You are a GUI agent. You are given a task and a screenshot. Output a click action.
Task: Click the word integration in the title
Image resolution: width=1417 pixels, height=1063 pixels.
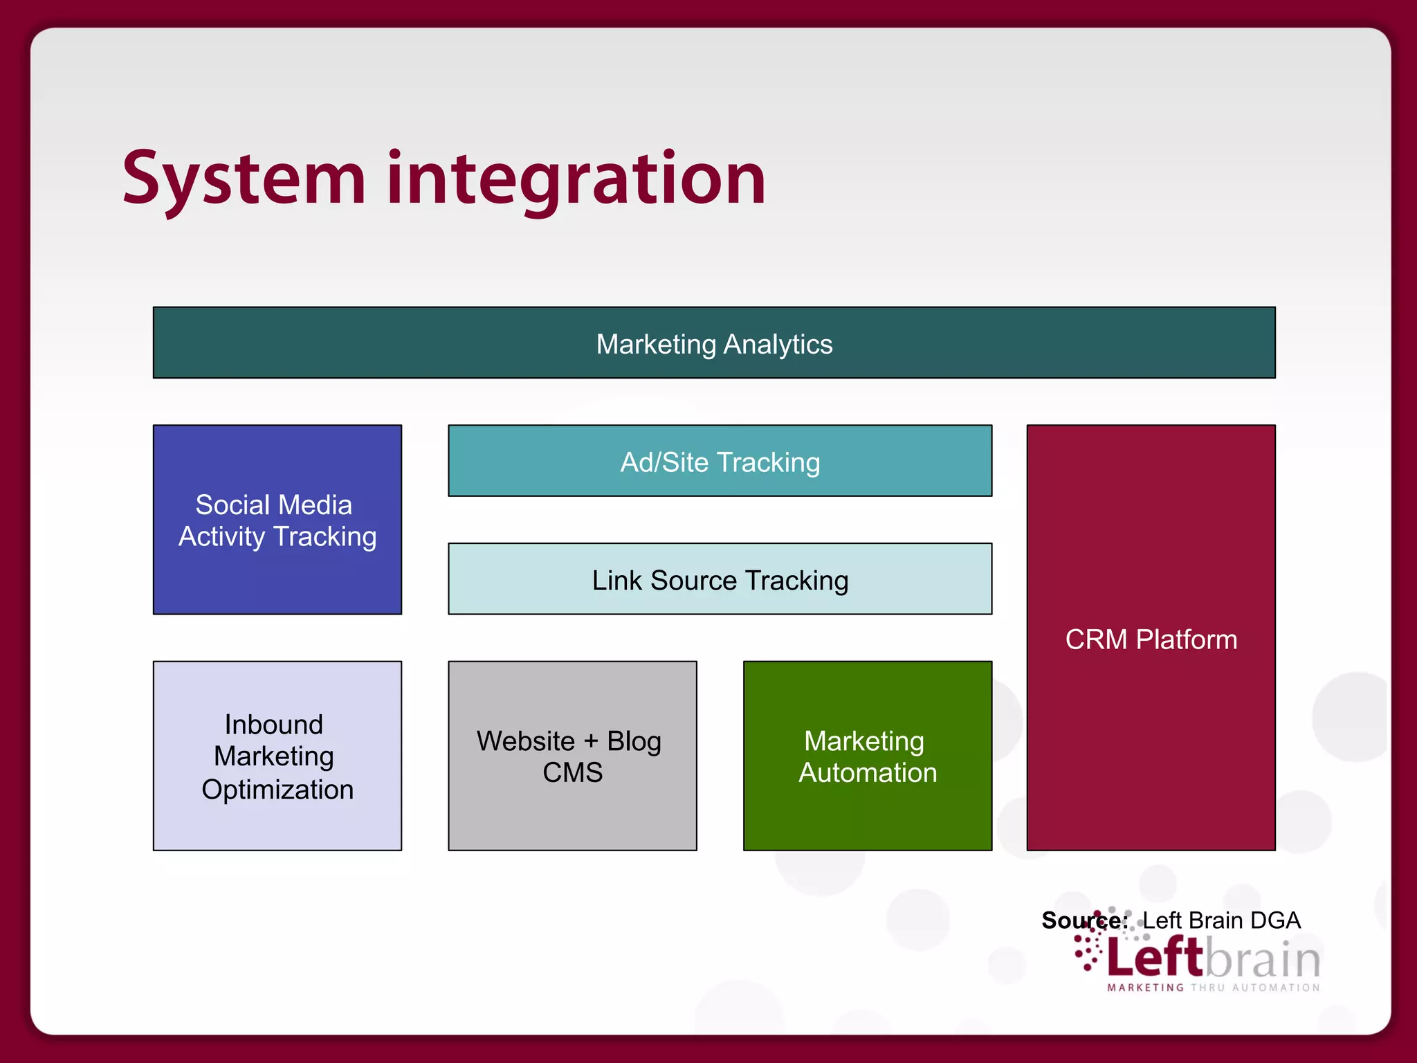pyautogui.click(x=576, y=181)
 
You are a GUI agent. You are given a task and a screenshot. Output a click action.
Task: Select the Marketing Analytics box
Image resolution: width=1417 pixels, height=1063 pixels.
pyautogui.click(x=714, y=343)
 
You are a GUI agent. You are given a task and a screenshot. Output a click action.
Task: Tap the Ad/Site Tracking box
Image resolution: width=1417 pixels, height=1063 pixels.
pyautogui.click(x=720, y=462)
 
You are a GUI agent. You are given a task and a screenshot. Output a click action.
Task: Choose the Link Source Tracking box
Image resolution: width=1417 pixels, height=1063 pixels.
pyautogui.click(x=720, y=580)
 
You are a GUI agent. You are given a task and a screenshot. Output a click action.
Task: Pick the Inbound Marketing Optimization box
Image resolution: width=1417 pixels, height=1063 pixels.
pyautogui.click(x=277, y=756)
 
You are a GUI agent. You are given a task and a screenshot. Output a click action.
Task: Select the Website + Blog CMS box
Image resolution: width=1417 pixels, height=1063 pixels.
pyautogui.click(x=572, y=756)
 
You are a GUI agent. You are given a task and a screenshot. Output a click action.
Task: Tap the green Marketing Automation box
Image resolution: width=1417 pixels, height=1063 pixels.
pyautogui.click(x=867, y=756)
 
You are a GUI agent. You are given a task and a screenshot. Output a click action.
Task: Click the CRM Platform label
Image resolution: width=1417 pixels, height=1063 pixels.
pyautogui.click(x=1151, y=639)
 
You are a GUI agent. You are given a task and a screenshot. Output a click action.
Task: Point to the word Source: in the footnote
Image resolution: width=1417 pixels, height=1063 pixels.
pyautogui.click(x=1084, y=920)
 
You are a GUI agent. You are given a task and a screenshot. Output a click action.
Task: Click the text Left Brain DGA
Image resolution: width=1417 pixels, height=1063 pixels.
pyautogui.click(x=1221, y=920)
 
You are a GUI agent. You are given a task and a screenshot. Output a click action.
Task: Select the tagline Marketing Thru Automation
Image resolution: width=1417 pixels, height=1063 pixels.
pyautogui.click(x=1214, y=988)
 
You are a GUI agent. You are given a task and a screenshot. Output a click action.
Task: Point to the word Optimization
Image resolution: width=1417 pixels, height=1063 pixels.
pyautogui.click(x=277, y=790)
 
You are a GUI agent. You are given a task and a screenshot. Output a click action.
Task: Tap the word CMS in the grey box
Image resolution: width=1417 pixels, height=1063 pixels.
pyautogui.click(x=572, y=772)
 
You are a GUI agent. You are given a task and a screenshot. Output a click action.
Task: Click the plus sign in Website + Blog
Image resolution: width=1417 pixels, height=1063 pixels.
pyautogui.click(x=591, y=741)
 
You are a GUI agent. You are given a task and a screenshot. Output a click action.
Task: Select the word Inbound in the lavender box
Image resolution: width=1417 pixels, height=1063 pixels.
pyautogui.click(x=274, y=725)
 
